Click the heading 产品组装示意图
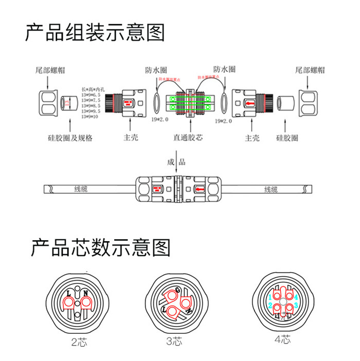95,32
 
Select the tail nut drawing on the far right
312,102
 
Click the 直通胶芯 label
188,138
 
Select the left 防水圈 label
156,70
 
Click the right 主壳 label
252,138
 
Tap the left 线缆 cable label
81,189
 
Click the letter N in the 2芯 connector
86,294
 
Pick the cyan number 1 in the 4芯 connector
269,298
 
